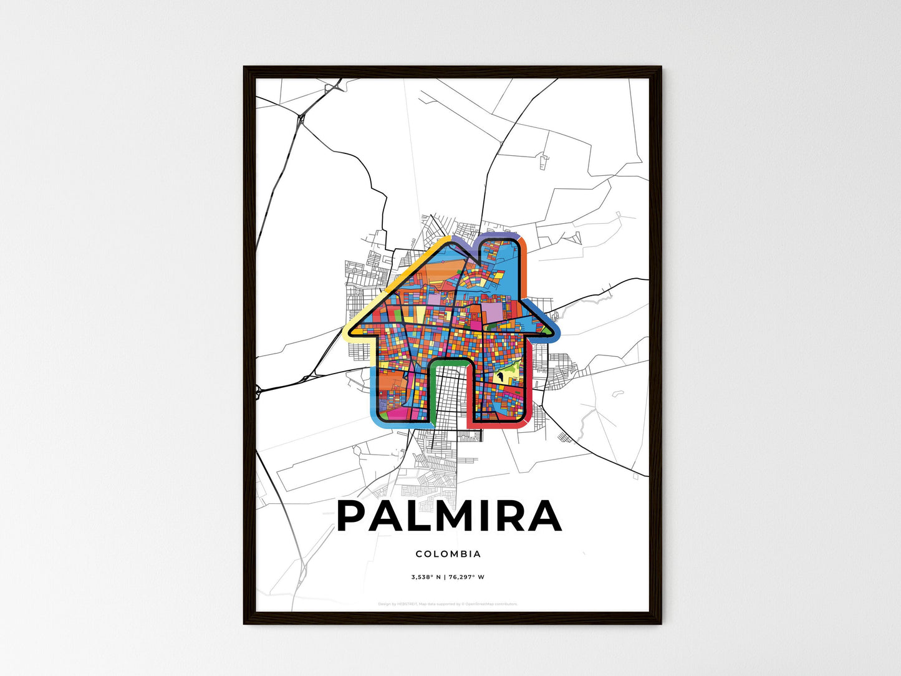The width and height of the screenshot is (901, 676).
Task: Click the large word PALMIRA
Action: (x=449, y=516)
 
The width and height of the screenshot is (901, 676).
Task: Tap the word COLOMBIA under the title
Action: (x=448, y=554)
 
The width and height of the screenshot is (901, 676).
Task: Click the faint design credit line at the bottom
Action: (x=448, y=604)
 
